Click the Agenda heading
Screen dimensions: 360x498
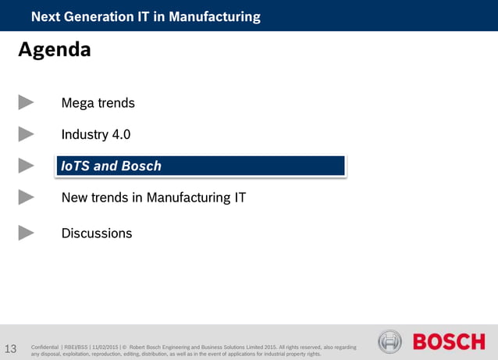click(x=54, y=51)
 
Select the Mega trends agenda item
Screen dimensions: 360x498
click(x=98, y=103)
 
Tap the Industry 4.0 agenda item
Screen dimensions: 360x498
click(x=95, y=134)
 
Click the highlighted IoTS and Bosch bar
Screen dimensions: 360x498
click(x=200, y=166)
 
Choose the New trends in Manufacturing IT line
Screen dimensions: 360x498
click(x=153, y=198)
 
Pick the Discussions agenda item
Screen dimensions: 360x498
click(x=96, y=233)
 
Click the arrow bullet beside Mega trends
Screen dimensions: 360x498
click(x=27, y=102)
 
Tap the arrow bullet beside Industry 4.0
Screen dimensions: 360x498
click(x=27, y=134)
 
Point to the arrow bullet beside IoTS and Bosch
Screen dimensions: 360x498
click(x=27, y=166)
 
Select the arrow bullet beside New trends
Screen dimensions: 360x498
click(x=27, y=198)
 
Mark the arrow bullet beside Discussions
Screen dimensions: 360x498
click(x=27, y=233)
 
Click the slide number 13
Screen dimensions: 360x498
click(x=11, y=348)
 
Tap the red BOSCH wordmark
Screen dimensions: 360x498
click(x=449, y=342)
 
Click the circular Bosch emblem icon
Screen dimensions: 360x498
click(x=390, y=342)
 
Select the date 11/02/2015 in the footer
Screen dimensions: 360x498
click(x=105, y=346)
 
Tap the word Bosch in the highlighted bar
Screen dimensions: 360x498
click(x=141, y=166)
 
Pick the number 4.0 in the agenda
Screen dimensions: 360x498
click(x=121, y=134)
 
